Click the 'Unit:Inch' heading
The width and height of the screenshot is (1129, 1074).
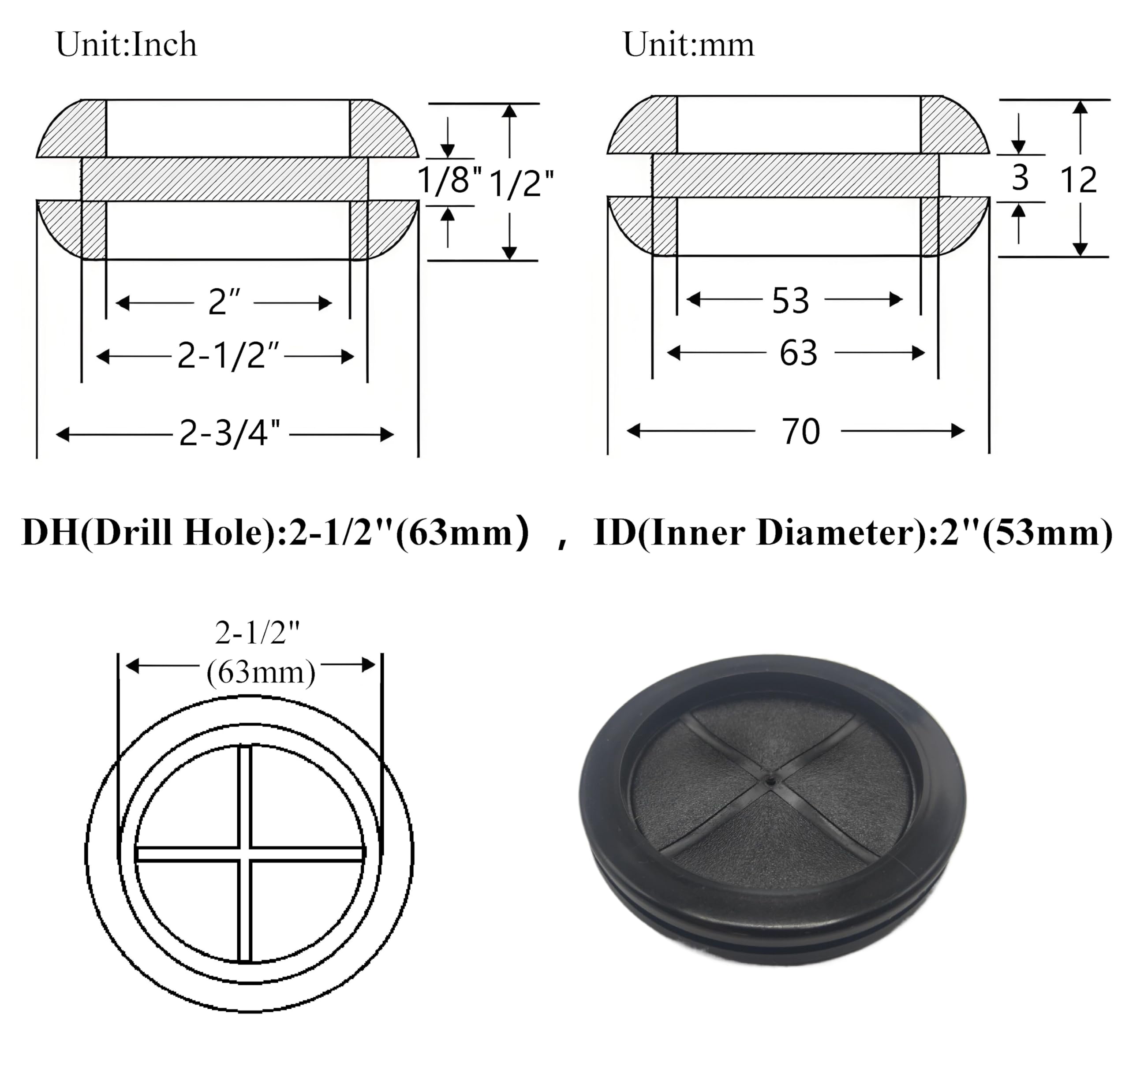pos(126,45)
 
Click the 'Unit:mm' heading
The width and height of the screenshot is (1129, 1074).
pos(688,45)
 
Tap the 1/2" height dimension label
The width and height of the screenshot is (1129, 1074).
pos(521,184)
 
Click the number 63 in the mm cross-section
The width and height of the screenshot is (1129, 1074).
pos(798,353)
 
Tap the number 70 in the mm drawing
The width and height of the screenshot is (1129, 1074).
pos(800,432)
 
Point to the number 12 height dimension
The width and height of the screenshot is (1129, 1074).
pos(1078,180)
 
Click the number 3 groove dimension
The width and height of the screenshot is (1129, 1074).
pos(1020,178)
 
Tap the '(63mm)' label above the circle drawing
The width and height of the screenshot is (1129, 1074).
pos(261,672)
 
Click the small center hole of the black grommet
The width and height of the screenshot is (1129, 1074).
pos(771,779)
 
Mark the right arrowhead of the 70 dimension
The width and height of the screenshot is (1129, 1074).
pos(958,431)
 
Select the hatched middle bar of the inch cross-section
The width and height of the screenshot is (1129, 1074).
pos(224,179)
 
